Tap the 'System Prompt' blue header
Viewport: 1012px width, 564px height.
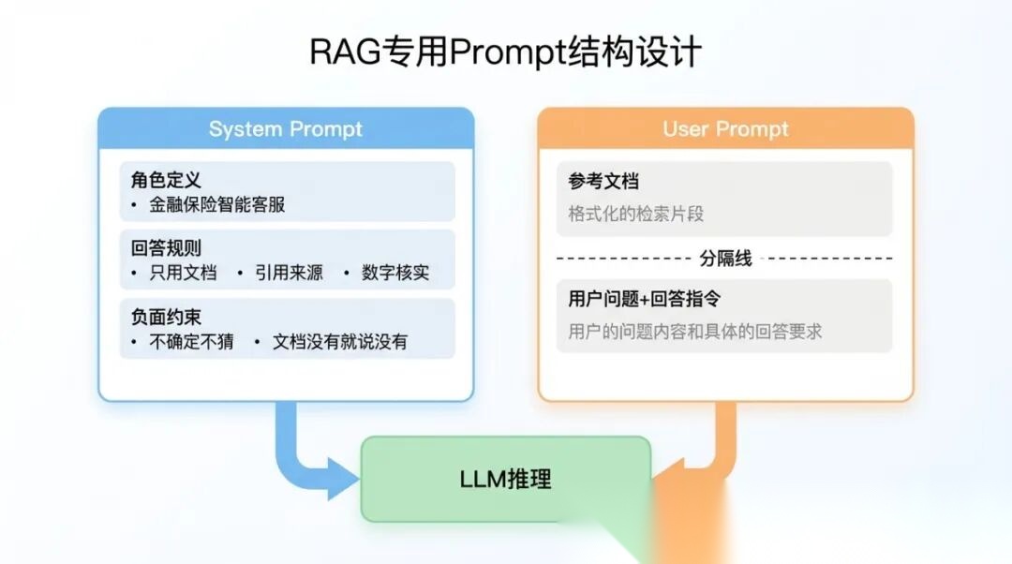click(x=285, y=129)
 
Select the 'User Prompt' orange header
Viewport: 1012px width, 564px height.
click(x=725, y=129)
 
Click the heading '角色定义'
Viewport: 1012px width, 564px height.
click(x=166, y=180)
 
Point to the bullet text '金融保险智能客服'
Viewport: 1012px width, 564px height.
click(x=216, y=204)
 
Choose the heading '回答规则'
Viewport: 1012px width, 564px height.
click(x=166, y=248)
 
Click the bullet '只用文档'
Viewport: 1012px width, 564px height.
click(x=183, y=273)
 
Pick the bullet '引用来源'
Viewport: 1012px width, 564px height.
click(x=289, y=273)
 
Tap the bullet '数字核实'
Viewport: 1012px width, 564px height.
click(x=395, y=273)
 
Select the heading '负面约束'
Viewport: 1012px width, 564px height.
click(x=166, y=318)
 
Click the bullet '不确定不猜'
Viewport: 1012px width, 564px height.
click(x=191, y=342)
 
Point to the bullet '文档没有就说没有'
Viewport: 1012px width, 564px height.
click(x=340, y=342)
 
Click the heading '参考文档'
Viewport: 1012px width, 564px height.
click(x=603, y=181)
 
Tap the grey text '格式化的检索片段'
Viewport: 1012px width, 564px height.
click(x=635, y=214)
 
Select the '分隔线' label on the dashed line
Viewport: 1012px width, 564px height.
click(x=725, y=258)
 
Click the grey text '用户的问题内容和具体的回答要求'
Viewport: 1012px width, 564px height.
click(x=694, y=331)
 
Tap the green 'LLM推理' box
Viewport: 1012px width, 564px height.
click(x=505, y=480)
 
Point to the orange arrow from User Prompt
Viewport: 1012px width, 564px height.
click(x=717, y=450)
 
